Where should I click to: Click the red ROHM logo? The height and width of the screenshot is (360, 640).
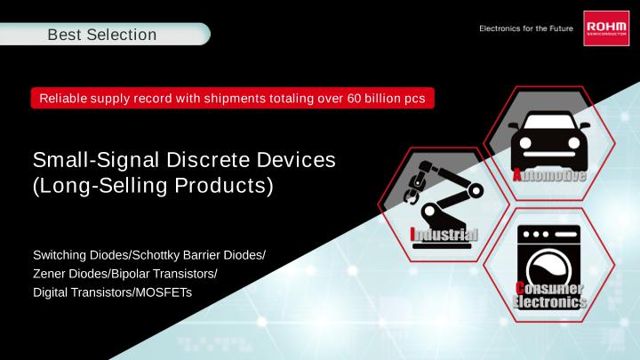[606, 28]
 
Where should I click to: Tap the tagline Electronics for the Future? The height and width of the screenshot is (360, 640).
[526, 28]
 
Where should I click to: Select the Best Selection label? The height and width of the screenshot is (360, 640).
[102, 35]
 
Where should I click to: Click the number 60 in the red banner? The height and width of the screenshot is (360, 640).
[354, 99]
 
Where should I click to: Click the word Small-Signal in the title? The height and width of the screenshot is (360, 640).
[96, 160]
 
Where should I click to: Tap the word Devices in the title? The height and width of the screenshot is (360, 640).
[296, 160]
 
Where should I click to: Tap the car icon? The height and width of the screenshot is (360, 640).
[549, 140]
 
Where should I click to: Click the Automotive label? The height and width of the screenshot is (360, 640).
[549, 175]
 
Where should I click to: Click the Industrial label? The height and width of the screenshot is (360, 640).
[444, 235]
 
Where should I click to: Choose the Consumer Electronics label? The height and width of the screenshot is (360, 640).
[549, 295]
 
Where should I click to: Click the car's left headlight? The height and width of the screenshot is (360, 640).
[525, 143]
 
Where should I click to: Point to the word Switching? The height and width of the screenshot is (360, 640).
[60, 255]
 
